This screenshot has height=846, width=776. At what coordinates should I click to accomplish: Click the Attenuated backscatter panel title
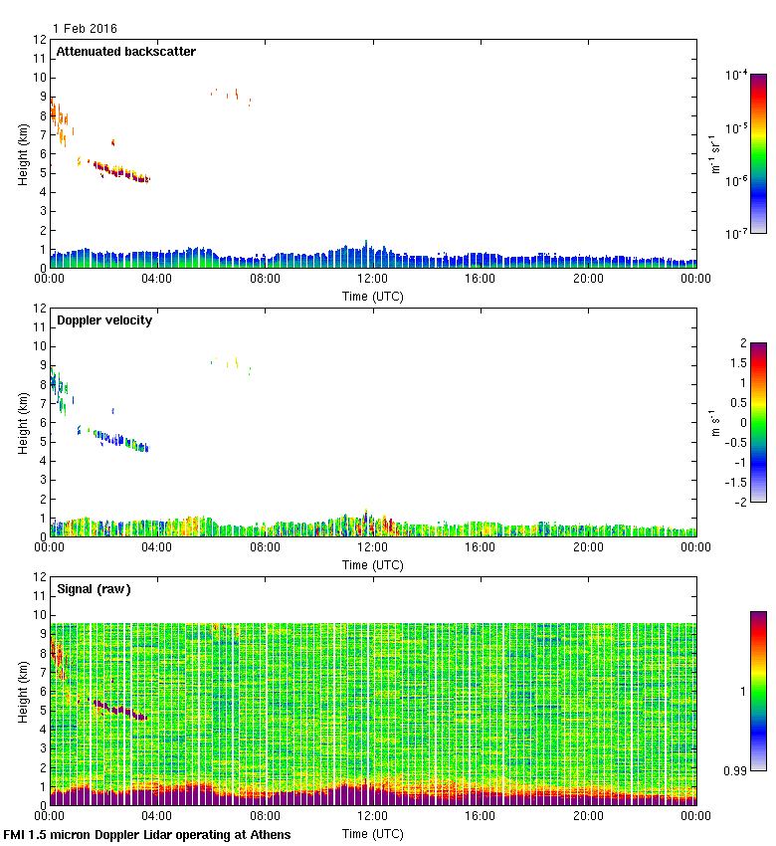[125, 52]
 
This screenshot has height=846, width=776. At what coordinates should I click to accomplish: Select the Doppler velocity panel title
[104, 320]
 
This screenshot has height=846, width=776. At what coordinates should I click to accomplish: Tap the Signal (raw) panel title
[94, 589]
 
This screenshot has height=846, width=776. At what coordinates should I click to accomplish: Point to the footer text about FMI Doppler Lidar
[147, 834]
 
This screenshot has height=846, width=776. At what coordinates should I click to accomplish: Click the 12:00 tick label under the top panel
[372, 280]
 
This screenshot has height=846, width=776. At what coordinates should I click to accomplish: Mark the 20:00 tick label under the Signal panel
[588, 817]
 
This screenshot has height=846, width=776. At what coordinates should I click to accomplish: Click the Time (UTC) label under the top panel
[373, 296]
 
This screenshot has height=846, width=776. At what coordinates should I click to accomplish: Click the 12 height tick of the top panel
[40, 40]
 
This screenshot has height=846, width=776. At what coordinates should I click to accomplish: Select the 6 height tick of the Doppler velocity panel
[43, 423]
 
